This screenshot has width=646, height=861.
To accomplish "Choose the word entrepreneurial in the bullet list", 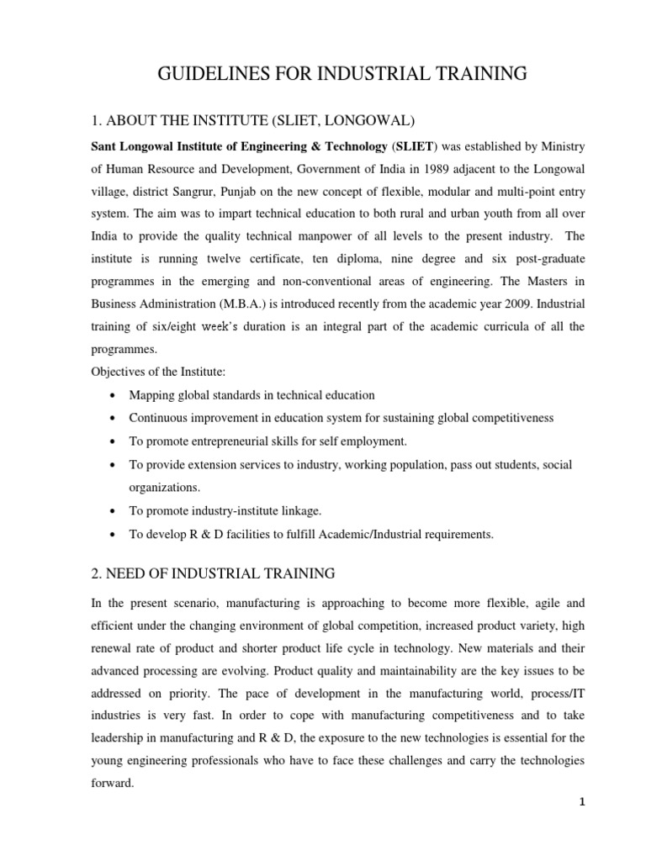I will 232,441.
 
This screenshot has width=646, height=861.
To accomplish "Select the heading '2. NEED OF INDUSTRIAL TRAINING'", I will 213,573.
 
